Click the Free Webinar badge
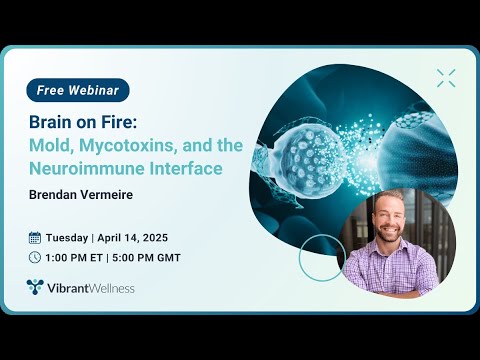(77, 90)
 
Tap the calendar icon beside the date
(35, 238)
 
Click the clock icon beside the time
(35, 257)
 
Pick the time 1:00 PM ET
(76, 257)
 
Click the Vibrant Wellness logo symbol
(36, 288)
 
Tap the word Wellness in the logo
(110, 288)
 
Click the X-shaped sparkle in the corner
(445, 77)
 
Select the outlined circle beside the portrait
(321, 257)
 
